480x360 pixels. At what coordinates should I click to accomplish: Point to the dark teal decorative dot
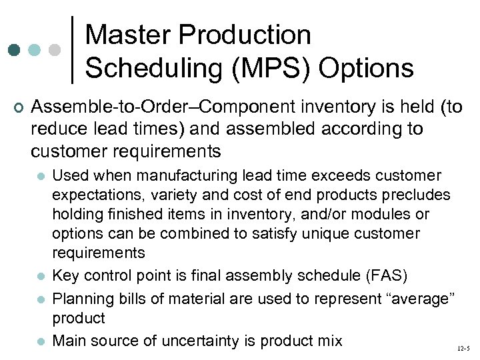13,50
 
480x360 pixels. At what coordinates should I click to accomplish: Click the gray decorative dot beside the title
56,50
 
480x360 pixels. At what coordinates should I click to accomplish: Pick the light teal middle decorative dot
35,50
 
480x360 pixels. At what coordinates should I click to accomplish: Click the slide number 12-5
463,349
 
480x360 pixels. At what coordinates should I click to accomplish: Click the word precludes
417,195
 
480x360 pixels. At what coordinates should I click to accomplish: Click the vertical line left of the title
73,50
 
